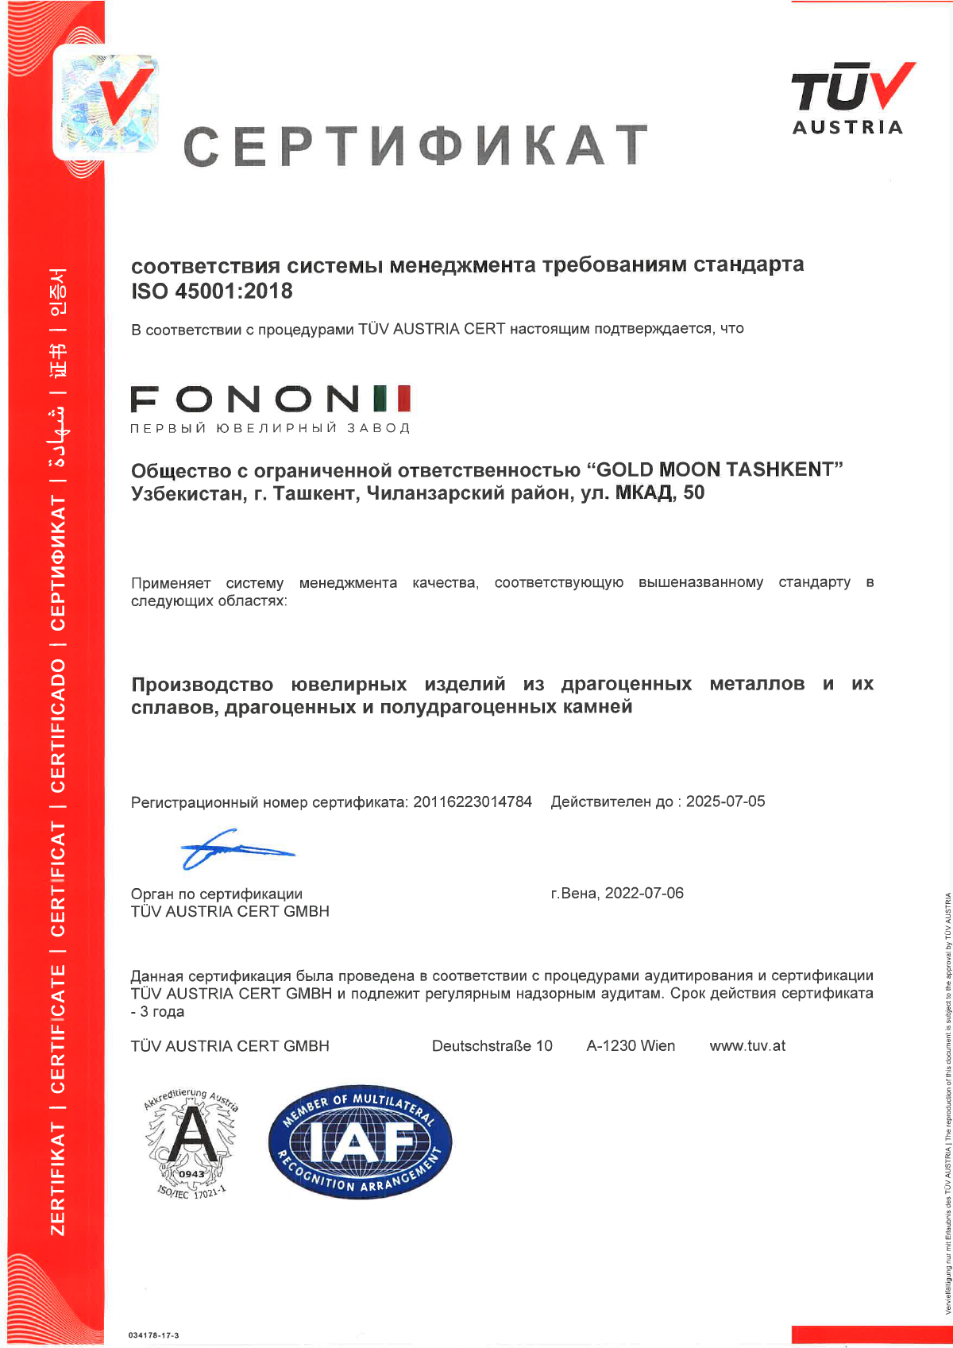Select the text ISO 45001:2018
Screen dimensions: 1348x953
pyautogui.click(x=212, y=292)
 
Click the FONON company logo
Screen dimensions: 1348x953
pyautogui.click(x=270, y=406)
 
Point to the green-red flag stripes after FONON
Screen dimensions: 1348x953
pyautogui.click(x=392, y=398)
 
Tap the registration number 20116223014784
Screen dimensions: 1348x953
pyautogui.click(x=473, y=801)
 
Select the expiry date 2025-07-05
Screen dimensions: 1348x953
pyautogui.click(x=725, y=801)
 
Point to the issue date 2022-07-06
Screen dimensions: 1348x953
pyautogui.click(x=644, y=893)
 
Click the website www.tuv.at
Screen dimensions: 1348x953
pyautogui.click(x=747, y=1045)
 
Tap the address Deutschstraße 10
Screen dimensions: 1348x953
pyautogui.click(x=492, y=1045)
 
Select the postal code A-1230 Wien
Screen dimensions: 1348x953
pyautogui.click(x=631, y=1045)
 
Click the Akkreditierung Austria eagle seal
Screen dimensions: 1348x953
pyautogui.click(x=191, y=1142)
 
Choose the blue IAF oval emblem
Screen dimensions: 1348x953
pyautogui.click(x=360, y=1141)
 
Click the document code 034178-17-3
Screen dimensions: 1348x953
pyautogui.click(x=153, y=1335)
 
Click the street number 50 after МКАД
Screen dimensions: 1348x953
pyautogui.click(x=693, y=492)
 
